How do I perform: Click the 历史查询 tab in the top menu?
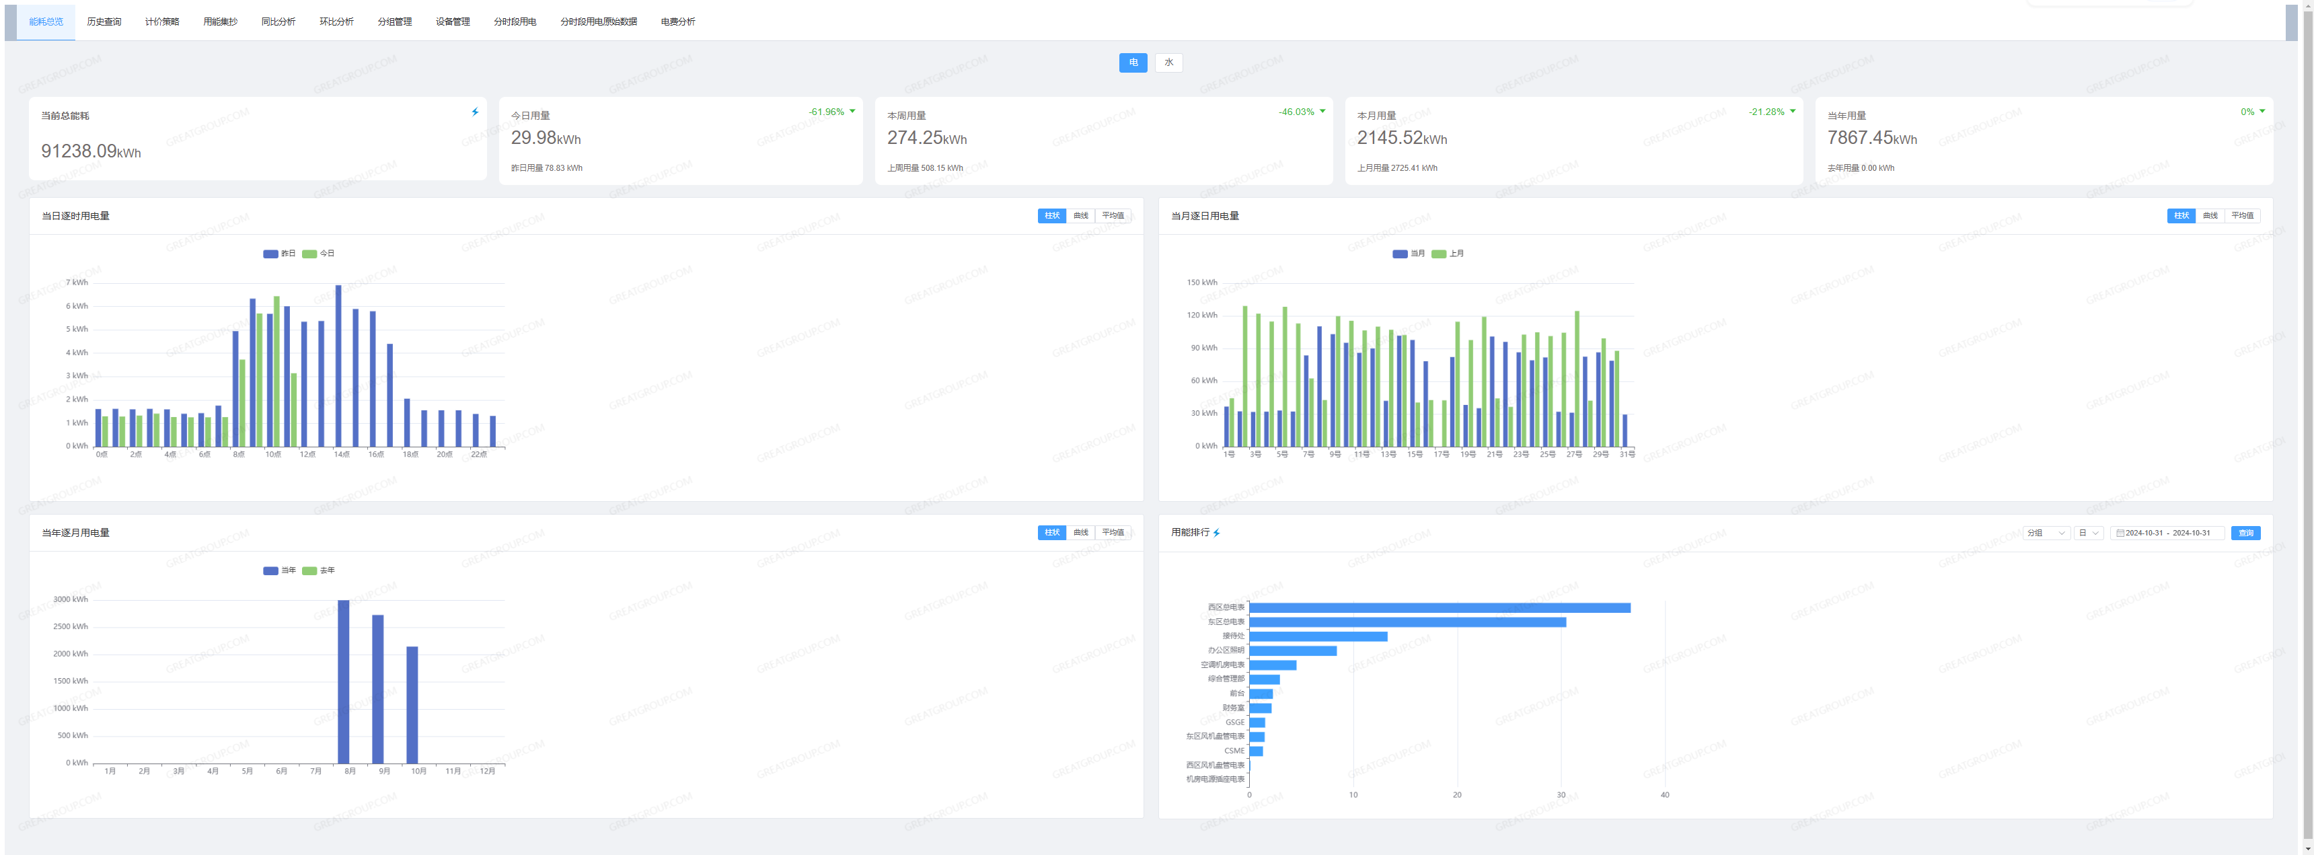pyautogui.click(x=104, y=22)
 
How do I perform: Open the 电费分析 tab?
pyautogui.click(x=677, y=22)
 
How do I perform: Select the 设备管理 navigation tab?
pyautogui.click(x=453, y=22)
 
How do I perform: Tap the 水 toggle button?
pyautogui.click(x=1168, y=63)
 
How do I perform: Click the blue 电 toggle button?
pyautogui.click(x=1133, y=63)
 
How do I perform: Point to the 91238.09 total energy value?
pyautogui.click(x=80, y=151)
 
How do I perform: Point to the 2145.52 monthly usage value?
pyautogui.click(x=1390, y=139)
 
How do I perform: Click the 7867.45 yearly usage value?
pyautogui.click(x=1859, y=139)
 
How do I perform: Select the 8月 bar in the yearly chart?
pyautogui.click(x=343, y=683)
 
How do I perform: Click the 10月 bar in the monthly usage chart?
pyautogui.click(x=412, y=705)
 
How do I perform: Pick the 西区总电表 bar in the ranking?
pyautogui.click(x=1439, y=608)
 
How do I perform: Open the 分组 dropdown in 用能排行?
pyautogui.click(x=2046, y=533)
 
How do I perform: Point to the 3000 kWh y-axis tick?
pyautogui.click(x=70, y=600)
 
